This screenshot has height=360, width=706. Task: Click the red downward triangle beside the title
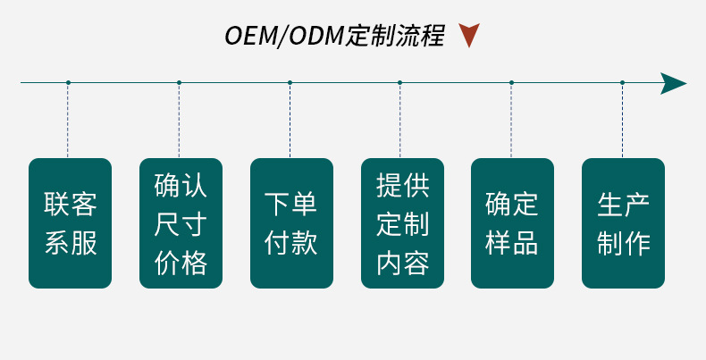(468, 36)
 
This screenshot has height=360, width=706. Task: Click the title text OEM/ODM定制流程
(333, 37)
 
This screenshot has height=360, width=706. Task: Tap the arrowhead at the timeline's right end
(673, 83)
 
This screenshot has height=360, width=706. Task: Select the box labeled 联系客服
(70, 223)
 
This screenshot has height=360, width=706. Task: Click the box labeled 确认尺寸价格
(181, 223)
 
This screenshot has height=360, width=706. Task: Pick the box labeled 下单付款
(291, 223)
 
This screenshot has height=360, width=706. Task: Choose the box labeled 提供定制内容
(402, 223)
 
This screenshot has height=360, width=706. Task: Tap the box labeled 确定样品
(512, 223)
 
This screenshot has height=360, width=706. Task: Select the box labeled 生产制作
(623, 223)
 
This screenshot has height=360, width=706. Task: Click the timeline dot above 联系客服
(68, 83)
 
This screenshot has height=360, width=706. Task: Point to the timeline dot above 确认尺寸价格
(179, 83)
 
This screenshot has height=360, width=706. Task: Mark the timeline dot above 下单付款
(290, 83)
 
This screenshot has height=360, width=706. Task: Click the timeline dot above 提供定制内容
(400, 83)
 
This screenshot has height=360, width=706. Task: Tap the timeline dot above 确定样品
(511, 83)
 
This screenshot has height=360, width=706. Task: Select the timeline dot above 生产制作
(622, 83)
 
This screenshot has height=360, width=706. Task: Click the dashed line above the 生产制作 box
(622, 121)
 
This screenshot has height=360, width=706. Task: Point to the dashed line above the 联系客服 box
(68, 121)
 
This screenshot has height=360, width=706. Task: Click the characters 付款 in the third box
(291, 243)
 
